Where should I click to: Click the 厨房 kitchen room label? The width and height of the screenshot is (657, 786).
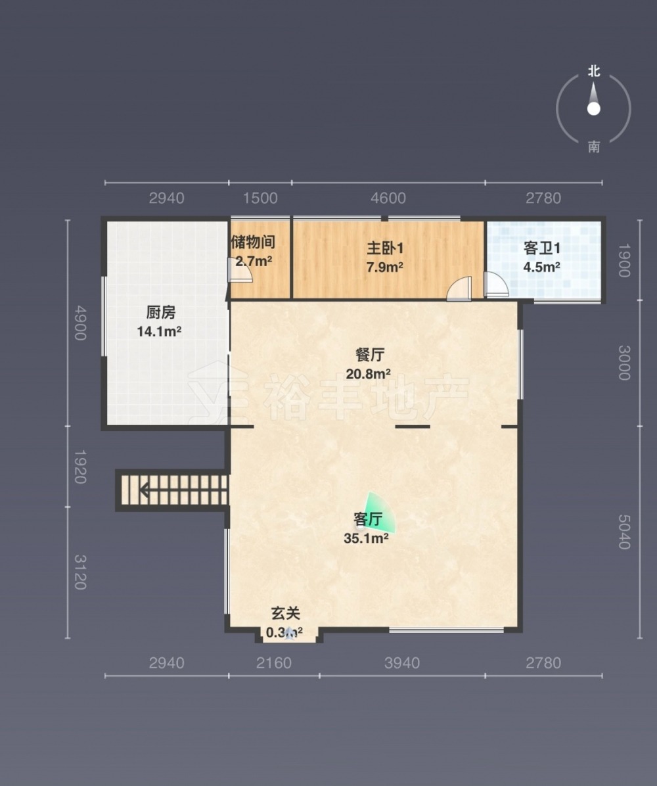(x=161, y=312)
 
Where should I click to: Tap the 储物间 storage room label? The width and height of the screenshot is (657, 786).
(x=253, y=242)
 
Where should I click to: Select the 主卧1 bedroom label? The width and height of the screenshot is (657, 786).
(x=385, y=248)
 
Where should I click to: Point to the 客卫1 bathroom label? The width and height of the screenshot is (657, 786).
(x=542, y=248)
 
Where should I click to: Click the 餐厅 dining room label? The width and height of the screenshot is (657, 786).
(x=370, y=355)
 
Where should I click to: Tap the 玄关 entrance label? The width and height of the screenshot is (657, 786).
(x=285, y=613)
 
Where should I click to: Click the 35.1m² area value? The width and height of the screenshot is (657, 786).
(x=367, y=538)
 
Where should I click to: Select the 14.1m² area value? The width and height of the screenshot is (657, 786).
(x=160, y=331)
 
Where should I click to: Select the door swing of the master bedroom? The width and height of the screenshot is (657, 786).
(x=459, y=289)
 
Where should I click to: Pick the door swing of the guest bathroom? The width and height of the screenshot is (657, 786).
(x=496, y=284)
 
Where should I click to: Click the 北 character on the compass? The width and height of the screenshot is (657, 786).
(x=594, y=71)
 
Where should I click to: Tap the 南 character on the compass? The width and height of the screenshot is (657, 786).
(x=594, y=147)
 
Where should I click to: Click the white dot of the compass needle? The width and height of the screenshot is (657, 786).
(x=594, y=109)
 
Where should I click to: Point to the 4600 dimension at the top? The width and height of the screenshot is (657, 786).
(x=388, y=198)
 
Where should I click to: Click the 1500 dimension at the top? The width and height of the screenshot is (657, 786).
(x=260, y=198)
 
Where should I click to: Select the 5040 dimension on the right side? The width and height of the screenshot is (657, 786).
(x=624, y=532)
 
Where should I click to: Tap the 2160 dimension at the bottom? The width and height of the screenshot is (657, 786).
(x=273, y=662)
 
